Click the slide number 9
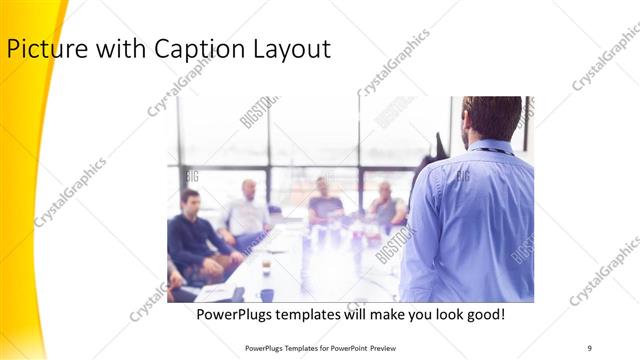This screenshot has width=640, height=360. [x=590, y=347]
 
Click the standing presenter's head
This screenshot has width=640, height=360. [x=492, y=118]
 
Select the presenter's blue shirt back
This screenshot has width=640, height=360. [x=470, y=220]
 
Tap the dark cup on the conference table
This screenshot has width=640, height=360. [x=266, y=294]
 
